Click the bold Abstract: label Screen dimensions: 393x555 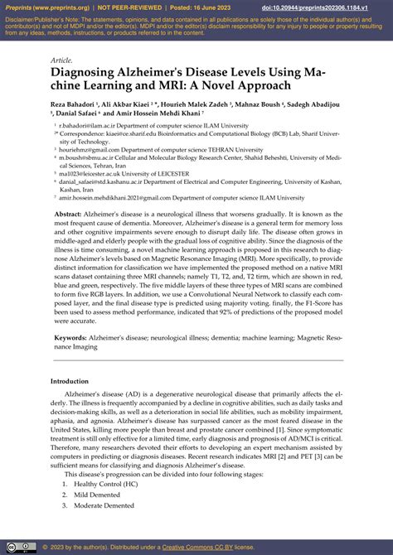point(69,213)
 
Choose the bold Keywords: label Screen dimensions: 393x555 point(71,339)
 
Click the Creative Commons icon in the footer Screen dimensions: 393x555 point(12,548)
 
